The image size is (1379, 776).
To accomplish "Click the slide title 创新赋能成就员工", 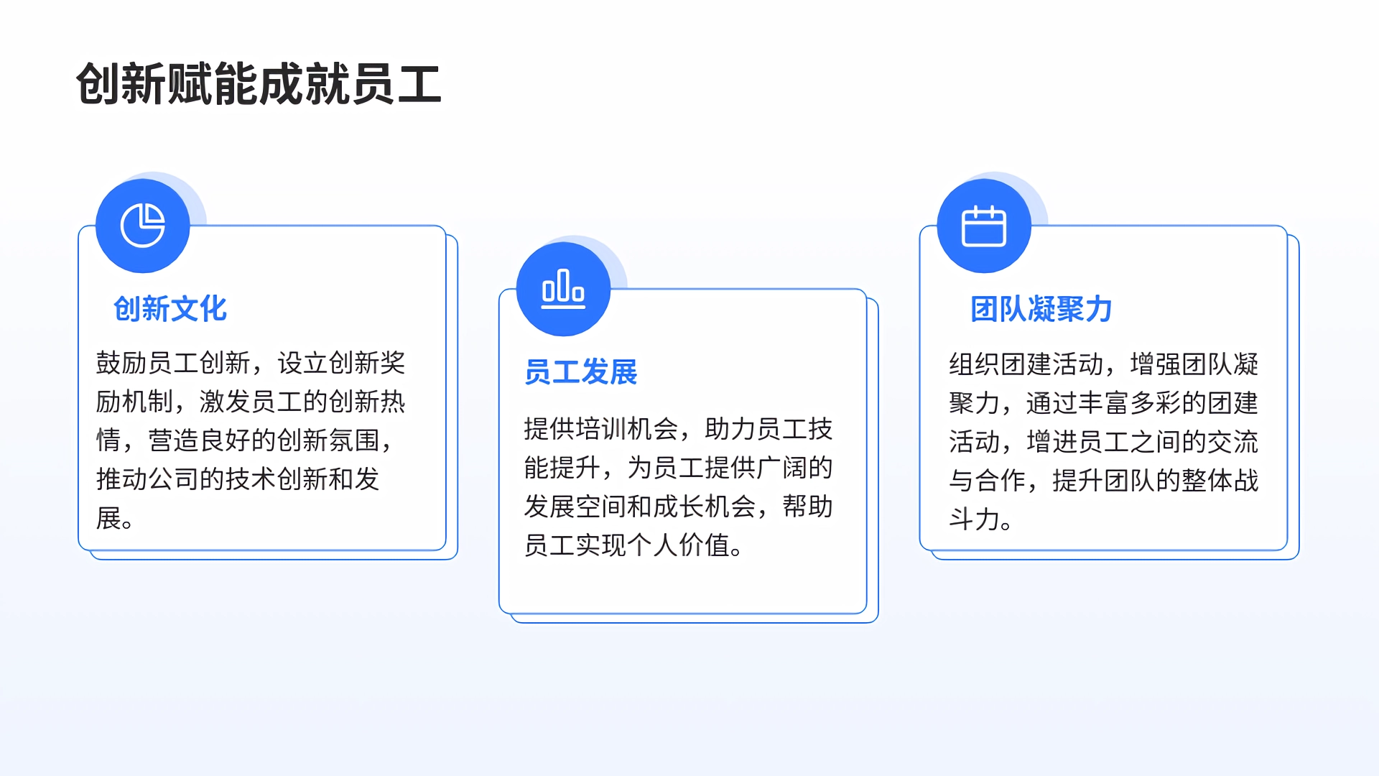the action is (259, 84).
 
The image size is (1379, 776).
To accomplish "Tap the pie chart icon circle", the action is (143, 226).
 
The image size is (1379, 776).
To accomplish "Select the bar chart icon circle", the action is (564, 289).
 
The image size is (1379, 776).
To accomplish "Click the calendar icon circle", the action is (984, 226).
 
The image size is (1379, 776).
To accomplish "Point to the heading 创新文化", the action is (170, 309).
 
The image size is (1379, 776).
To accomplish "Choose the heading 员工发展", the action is (581, 372).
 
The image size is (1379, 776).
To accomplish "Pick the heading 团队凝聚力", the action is (1041, 309).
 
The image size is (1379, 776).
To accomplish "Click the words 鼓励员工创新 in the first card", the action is (173, 363).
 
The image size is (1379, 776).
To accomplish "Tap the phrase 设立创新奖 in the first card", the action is (341, 363).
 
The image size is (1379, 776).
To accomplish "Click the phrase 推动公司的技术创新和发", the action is (238, 479).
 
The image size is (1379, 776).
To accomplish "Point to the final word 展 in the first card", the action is (108, 517).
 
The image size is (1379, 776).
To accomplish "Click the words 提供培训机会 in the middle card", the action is (601, 429).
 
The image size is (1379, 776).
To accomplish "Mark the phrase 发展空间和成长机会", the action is (640, 507).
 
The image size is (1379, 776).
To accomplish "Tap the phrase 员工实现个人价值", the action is (627, 545).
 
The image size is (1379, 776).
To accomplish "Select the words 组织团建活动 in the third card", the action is (1026, 364).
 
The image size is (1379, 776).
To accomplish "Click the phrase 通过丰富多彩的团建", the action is (1142, 403).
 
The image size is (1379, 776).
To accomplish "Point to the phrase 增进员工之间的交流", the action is (1142, 442).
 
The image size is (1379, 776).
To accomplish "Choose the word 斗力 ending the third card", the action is (975, 519).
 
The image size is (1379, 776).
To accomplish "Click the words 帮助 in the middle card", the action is (808, 507).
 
